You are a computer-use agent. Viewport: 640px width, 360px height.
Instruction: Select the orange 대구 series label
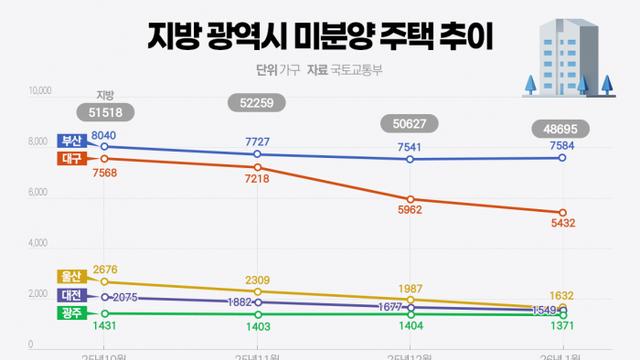coord(71,158)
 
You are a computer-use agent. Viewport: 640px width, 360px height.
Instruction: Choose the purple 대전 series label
coord(71,296)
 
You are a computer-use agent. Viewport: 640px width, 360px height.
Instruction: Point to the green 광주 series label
coord(71,313)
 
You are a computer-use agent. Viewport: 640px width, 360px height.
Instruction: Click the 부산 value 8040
coord(105,135)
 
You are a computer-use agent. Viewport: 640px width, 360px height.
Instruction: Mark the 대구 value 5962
coord(410,211)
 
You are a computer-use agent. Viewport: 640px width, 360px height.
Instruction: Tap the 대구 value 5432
coord(561,226)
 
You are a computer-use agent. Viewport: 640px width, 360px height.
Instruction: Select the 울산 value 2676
coord(105,269)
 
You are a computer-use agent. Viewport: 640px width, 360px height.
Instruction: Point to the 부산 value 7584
coord(561,146)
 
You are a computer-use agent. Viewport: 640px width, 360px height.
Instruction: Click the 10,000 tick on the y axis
coord(39,91)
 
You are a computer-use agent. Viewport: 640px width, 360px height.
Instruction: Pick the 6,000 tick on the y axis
coord(39,193)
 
